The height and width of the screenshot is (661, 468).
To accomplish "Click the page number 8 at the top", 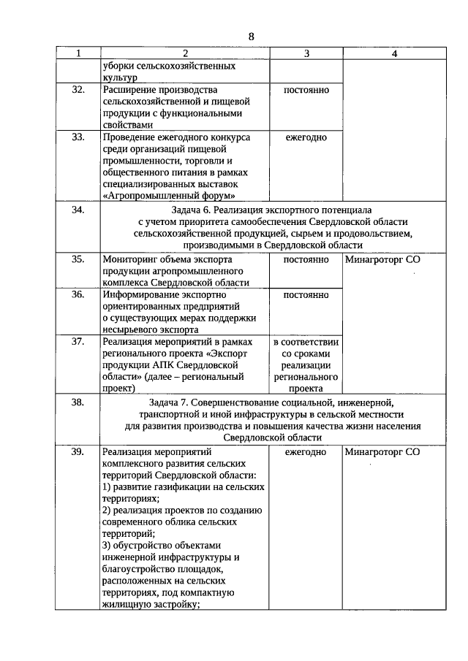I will [251, 36].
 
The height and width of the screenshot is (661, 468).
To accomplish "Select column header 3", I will [306, 53].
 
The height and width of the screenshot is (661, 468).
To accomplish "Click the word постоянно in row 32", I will [306, 90].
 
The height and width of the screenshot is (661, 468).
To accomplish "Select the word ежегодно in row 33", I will [306, 137].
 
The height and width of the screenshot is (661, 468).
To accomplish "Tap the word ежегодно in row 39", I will [306, 451].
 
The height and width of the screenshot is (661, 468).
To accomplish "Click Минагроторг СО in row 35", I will [382, 259].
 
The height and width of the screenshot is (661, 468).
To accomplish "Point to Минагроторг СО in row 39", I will [382, 451].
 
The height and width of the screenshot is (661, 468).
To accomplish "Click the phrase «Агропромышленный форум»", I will [170, 195].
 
